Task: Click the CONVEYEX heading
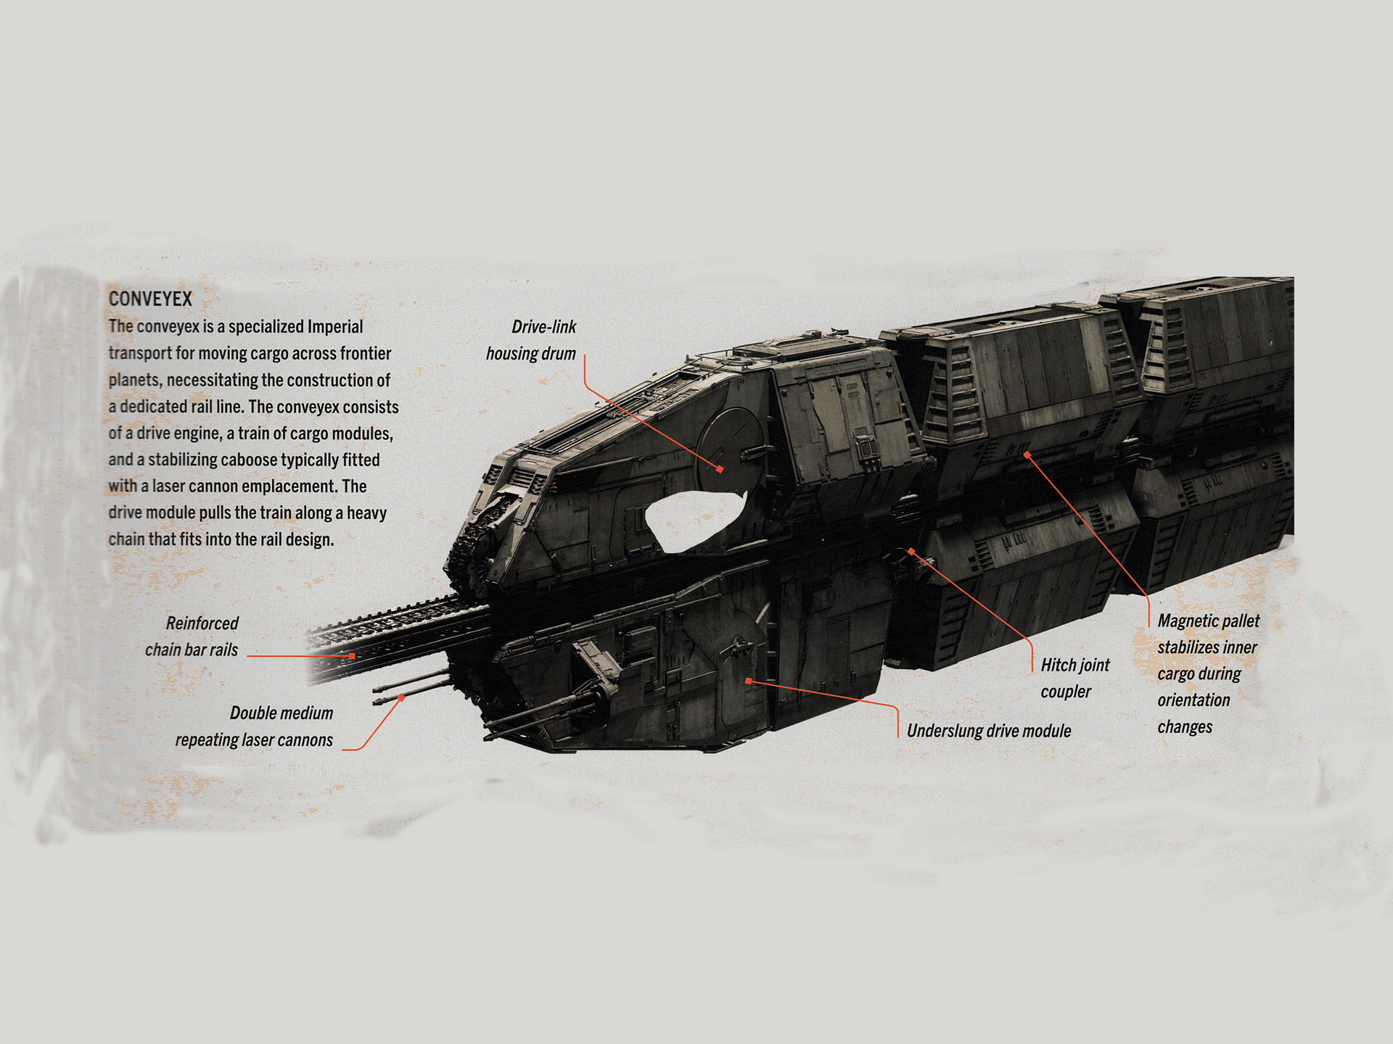150,299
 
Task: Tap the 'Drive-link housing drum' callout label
532,340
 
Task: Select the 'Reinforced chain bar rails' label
192,637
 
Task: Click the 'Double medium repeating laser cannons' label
255,726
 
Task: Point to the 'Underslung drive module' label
989,731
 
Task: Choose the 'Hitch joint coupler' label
1074,678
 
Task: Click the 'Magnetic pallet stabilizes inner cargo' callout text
1208,674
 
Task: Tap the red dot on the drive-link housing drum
720,469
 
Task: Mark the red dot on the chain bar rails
352,656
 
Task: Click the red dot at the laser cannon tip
401,697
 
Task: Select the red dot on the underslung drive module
748,681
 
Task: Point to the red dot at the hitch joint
911,552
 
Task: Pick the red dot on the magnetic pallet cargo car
1027,455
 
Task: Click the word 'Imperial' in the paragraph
334,326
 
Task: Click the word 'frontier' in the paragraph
362,353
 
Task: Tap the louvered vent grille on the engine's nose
522,478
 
